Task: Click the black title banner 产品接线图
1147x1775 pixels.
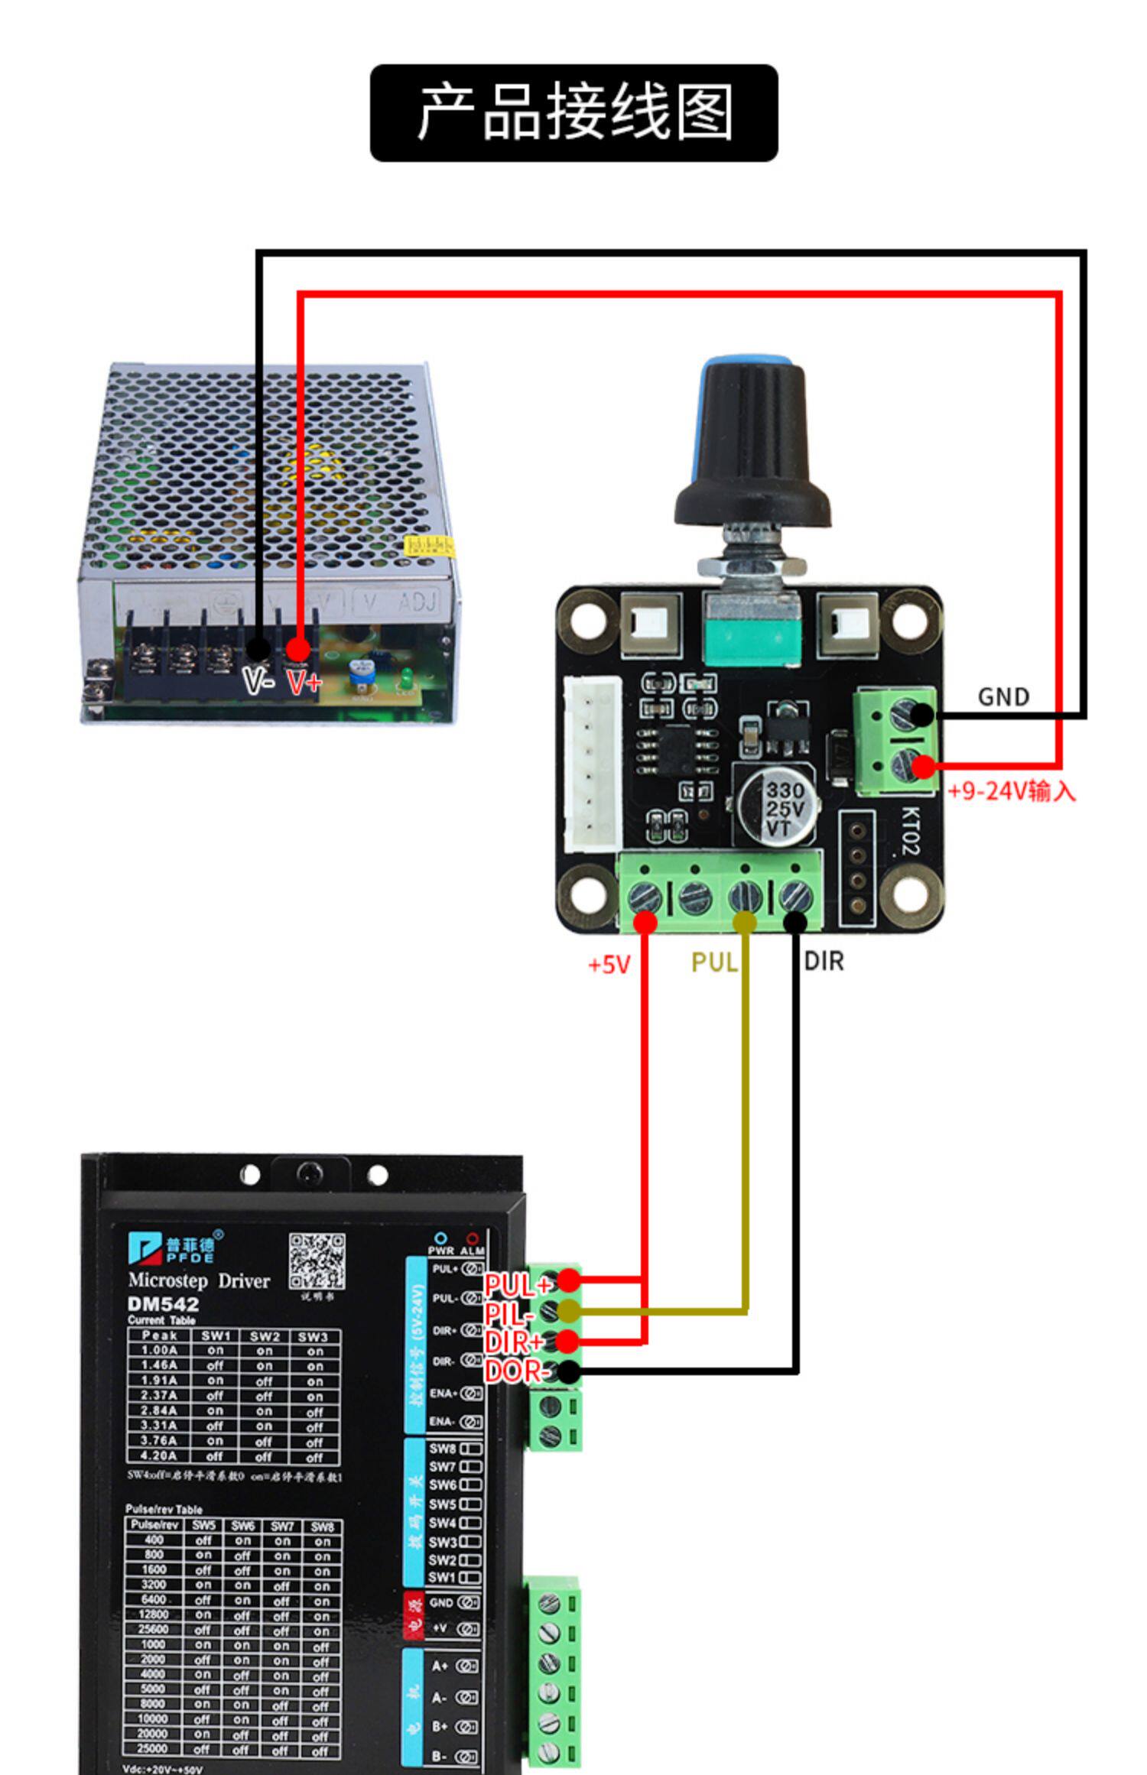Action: (573, 113)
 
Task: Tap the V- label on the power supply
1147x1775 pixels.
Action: (257, 679)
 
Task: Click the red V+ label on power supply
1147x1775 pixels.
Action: (304, 680)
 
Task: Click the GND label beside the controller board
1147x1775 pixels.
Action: (1003, 696)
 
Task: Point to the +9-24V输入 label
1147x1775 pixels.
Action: (1011, 791)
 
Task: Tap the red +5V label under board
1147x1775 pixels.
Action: (609, 965)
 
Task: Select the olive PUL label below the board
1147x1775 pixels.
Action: (713, 962)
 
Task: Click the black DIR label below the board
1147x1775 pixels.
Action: (824, 962)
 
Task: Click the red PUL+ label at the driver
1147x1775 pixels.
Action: (518, 1285)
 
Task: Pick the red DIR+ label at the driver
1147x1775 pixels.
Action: (513, 1342)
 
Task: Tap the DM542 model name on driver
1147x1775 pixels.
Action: (163, 1304)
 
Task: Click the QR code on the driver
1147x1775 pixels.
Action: (317, 1261)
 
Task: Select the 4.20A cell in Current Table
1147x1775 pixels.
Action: (159, 1455)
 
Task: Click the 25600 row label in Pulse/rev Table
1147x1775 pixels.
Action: (154, 1629)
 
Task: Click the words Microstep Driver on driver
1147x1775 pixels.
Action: (199, 1280)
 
